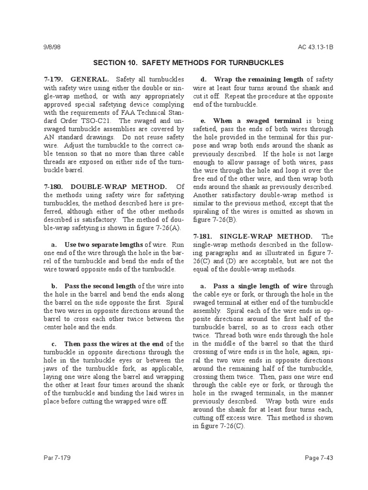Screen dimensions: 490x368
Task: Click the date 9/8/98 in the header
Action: pos(51,47)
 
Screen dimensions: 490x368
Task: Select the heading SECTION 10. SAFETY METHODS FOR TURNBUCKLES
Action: pos(188,63)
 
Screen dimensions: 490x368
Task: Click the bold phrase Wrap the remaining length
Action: pos(259,79)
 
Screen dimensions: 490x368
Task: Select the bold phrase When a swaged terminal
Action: pos(257,121)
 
